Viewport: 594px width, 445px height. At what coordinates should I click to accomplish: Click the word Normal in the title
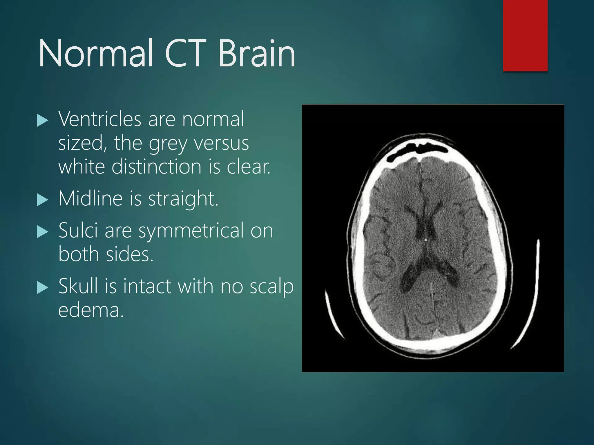pyautogui.click(x=96, y=54)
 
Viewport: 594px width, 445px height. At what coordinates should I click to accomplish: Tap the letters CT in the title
pyautogui.click(x=186, y=54)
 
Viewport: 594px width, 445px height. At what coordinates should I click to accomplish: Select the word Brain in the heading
pyautogui.click(x=257, y=54)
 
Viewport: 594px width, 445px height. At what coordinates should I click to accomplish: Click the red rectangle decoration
pyautogui.click(x=525, y=35)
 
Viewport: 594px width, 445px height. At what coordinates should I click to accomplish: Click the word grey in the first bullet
pyautogui.click(x=168, y=144)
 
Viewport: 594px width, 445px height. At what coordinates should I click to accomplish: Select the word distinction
pyautogui.click(x=156, y=167)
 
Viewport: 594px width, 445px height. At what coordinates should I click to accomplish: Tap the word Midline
pyautogui.click(x=90, y=199)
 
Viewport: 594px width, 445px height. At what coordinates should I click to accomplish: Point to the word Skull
pyautogui.click(x=78, y=286)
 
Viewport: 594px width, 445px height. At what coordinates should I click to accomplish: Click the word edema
pyautogui.click(x=91, y=310)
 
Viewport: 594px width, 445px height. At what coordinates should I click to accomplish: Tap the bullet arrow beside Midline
pyautogui.click(x=43, y=200)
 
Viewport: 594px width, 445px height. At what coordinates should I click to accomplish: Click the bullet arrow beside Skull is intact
pyautogui.click(x=43, y=288)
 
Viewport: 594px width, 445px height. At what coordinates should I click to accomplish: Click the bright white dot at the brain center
pyautogui.click(x=425, y=240)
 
